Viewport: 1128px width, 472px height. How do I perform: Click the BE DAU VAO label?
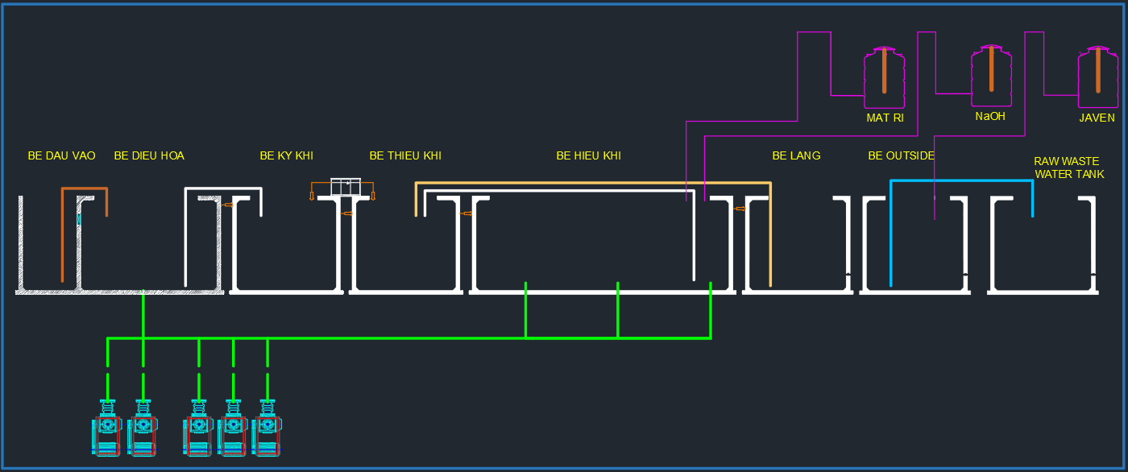point(61,155)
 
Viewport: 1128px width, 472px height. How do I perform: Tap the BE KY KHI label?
point(286,155)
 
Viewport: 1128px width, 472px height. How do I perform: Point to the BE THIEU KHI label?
point(405,155)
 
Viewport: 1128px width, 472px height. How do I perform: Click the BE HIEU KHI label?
point(588,155)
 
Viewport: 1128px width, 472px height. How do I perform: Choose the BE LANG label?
point(796,155)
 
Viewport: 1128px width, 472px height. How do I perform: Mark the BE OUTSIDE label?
point(901,155)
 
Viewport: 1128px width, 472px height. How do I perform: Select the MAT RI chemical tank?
point(884,78)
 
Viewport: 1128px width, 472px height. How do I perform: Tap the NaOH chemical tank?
point(990,77)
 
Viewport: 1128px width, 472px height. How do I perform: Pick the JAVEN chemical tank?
point(1097,78)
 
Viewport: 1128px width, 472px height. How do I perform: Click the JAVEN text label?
point(1097,118)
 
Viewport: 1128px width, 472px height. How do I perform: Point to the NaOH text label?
point(990,116)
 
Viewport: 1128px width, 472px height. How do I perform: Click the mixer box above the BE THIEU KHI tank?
point(346,187)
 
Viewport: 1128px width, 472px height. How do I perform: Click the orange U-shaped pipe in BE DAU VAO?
point(84,190)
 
